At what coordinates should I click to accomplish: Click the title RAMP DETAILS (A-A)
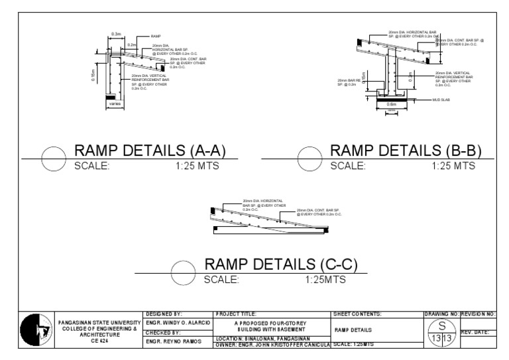[x=150, y=150]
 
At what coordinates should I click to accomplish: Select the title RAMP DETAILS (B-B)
[x=406, y=150]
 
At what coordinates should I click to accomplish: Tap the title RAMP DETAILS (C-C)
[x=281, y=265]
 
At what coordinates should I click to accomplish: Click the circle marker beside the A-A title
[x=54, y=159]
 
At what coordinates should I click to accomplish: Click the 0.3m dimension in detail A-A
[x=117, y=34]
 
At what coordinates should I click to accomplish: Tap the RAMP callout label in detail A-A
[x=156, y=36]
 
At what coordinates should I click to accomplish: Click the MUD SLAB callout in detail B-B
[x=441, y=99]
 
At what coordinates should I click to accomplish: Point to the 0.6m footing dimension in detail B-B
[x=391, y=104]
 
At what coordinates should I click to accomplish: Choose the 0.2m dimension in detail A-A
[x=131, y=46]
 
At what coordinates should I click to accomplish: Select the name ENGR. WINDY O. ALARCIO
[x=178, y=322]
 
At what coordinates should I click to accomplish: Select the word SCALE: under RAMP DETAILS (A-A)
[x=92, y=166]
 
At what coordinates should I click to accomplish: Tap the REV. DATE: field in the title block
[x=474, y=333]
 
